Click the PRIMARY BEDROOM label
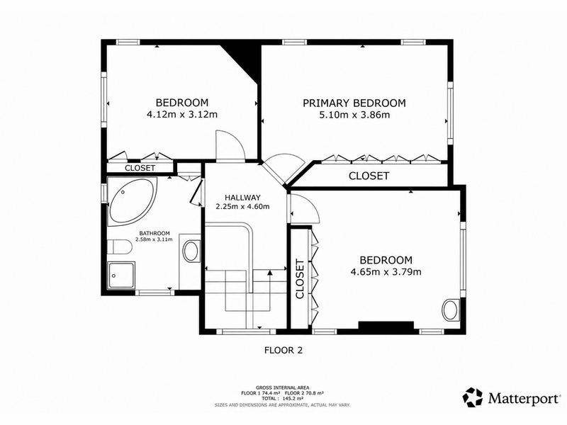[354, 103]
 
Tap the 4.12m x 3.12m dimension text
[182, 115]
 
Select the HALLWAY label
[242, 198]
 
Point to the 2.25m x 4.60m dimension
[242, 207]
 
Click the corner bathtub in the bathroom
[132, 200]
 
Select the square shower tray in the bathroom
[121, 276]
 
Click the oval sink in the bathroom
[191, 251]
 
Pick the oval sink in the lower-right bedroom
[451, 310]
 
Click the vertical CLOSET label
[300, 279]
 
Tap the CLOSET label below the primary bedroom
[369, 176]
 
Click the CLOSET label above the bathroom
[140, 168]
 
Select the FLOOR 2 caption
[283, 350]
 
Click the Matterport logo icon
[473, 397]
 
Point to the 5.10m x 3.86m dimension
[354, 115]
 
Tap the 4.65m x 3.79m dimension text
[386, 271]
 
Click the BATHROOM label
[155, 234]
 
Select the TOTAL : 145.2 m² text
[283, 399]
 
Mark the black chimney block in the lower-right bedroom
[386, 325]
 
